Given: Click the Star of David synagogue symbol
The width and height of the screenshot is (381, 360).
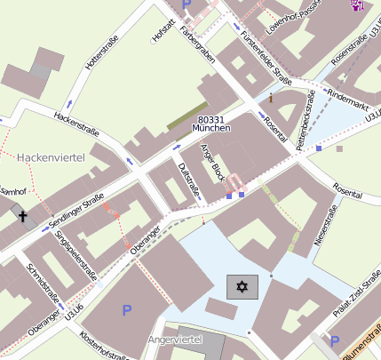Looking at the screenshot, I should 242,287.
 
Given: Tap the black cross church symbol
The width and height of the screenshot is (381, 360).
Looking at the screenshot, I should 22,216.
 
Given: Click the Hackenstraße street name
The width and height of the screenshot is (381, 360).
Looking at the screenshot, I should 75,123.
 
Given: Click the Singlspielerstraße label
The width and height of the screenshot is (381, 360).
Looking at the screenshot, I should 75,255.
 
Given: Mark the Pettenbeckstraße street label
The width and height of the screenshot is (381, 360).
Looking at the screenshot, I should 305,116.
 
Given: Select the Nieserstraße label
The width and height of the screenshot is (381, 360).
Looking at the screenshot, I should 326,224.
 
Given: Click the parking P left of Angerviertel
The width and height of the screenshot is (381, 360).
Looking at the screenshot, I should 127,310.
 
